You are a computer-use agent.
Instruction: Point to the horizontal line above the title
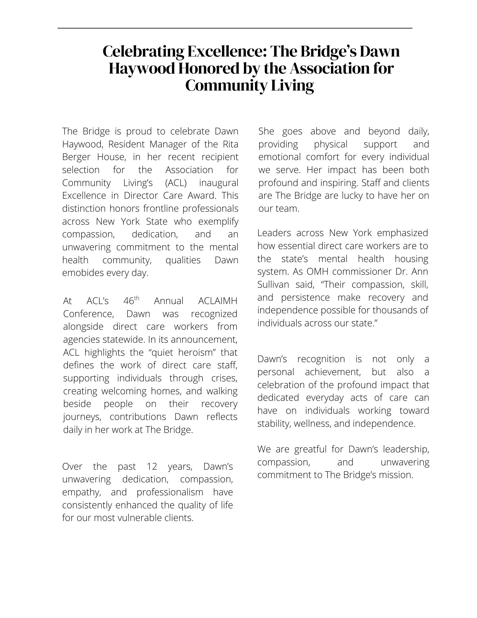[235, 28]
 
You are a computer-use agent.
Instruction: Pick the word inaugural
[219, 183]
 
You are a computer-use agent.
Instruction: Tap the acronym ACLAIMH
[217, 301]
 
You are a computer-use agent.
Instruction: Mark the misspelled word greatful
[311, 449]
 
